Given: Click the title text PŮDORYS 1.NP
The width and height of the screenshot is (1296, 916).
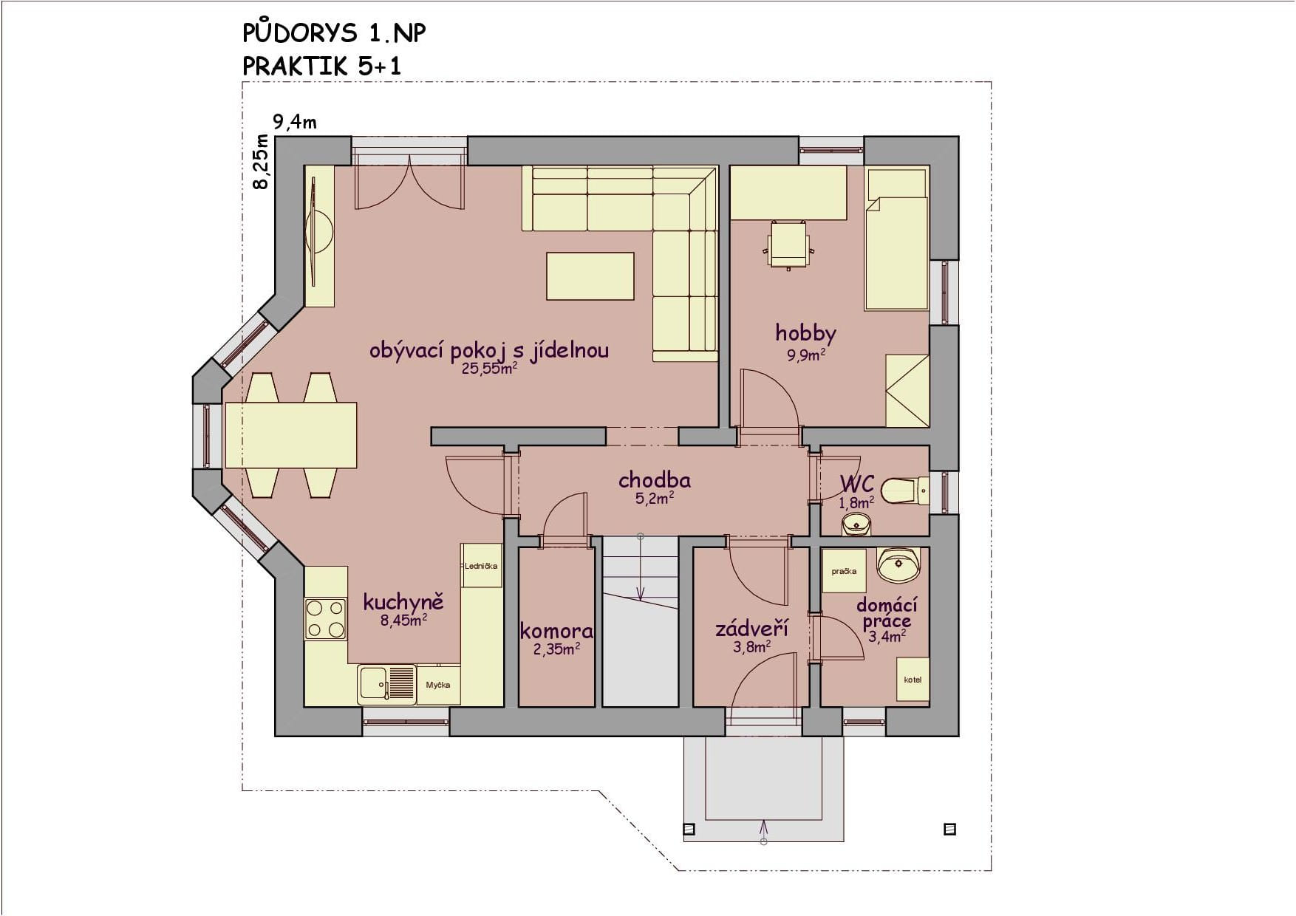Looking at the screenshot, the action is pyautogui.click(x=334, y=33).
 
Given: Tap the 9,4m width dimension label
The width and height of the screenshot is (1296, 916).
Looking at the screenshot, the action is pyautogui.click(x=295, y=122).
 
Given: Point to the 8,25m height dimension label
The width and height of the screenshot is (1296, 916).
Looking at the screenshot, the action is pyautogui.click(x=261, y=162).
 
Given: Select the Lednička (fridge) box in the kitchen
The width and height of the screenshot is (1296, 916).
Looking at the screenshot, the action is pyautogui.click(x=481, y=566).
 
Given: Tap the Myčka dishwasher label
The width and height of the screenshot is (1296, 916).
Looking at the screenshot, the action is pyautogui.click(x=438, y=685).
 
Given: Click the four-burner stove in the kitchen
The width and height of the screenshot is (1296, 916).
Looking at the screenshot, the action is pyautogui.click(x=326, y=619).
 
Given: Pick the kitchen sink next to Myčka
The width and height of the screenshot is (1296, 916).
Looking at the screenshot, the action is pyautogui.click(x=387, y=685).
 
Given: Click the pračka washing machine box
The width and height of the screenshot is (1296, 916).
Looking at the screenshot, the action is pyautogui.click(x=844, y=570).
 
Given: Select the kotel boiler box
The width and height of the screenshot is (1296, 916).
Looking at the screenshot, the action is pyautogui.click(x=913, y=680).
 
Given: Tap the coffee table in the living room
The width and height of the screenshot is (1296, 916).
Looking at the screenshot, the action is pyautogui.click(x=590, y=276).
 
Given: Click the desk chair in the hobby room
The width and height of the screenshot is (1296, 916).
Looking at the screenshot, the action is pyautogui.click(x=789, y=245).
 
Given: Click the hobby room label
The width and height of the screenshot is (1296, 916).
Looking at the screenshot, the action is pyautogui.click(x=805, y=333).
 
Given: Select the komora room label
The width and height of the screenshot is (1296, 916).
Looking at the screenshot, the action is pyautogui.click(x=556, y=631).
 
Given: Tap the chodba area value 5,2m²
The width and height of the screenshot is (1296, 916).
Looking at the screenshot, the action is pyautogui.click(x=655, y=499).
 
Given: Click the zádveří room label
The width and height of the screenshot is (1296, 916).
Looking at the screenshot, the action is pyautogui.click(x=751, y=629).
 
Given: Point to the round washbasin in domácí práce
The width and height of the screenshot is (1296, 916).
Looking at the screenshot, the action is pyautogui.click(x=898, y=565).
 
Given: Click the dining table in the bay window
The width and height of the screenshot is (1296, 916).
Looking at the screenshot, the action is pyautogui.click(x=291, y=435).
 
